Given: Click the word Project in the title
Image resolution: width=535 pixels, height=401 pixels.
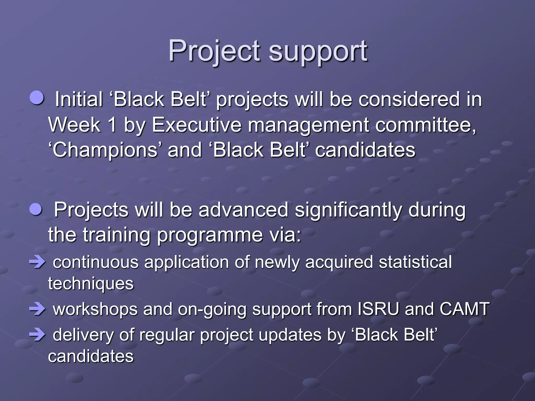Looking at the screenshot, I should click(x=214, y=51).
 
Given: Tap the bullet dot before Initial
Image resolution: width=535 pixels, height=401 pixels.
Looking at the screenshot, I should click(x=37, y=98).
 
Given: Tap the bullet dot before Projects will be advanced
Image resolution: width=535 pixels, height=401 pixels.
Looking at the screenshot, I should click(x=36, y=209).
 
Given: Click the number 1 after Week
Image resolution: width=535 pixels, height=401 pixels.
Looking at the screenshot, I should click(x=112, y=125).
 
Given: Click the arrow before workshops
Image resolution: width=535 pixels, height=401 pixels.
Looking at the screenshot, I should click(x=37, y=309).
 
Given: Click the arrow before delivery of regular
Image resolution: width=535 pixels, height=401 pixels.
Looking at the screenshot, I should click(x=37, y=335).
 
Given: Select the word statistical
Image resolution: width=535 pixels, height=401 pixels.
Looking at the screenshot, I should click(x=415, y=262).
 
